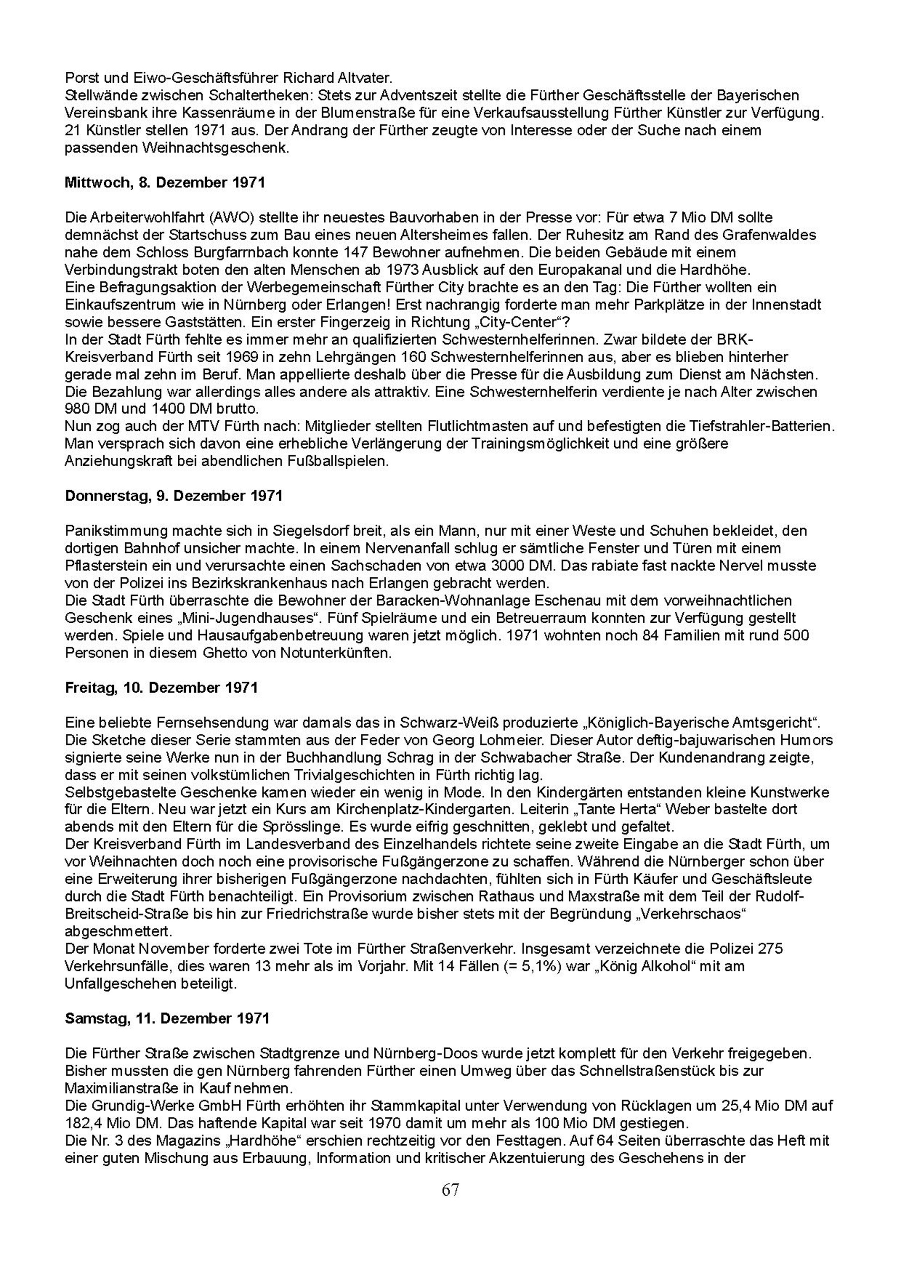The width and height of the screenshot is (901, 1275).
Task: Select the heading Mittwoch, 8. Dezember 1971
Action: pos(165,183)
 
